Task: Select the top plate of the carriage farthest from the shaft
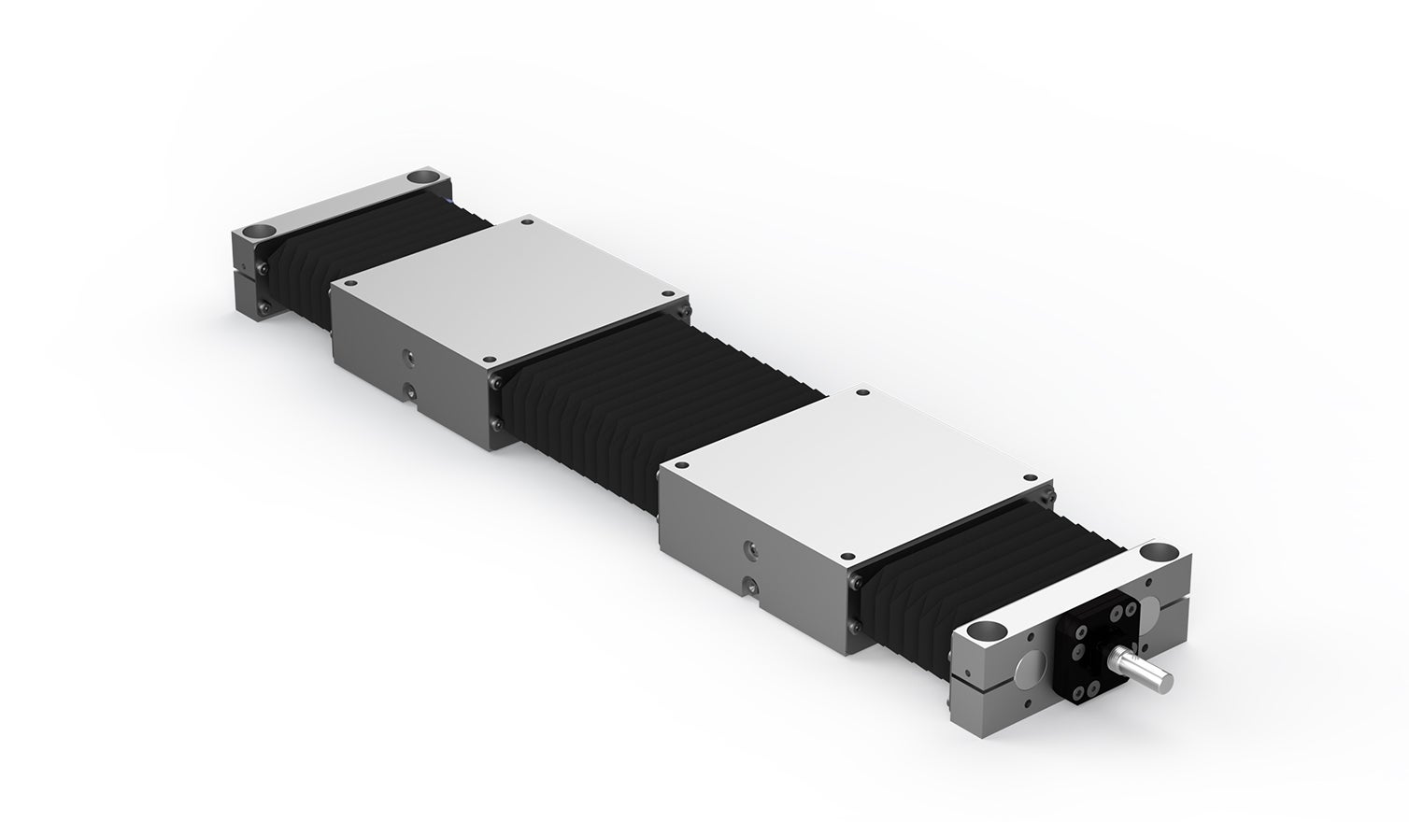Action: coord(509,289)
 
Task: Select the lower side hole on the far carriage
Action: coord(406,389)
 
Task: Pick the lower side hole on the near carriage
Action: coord(747,586)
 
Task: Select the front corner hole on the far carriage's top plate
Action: coord(487,360)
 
